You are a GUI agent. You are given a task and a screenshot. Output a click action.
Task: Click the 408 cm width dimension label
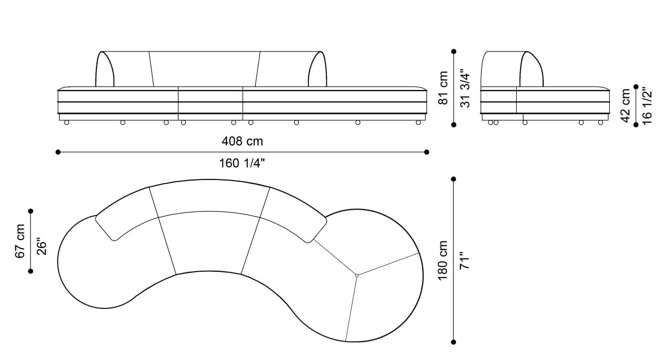(x=242, y=141)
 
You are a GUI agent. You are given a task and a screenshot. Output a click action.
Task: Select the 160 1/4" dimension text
(x=242, y=163)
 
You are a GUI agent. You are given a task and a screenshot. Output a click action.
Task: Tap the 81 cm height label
(x=443, y=88)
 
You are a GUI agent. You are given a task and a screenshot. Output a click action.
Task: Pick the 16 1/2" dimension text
(x=647, y=106)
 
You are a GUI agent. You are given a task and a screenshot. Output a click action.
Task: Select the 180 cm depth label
(x=443, y=260)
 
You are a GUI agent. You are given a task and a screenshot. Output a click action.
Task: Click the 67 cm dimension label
(x=20, y=241)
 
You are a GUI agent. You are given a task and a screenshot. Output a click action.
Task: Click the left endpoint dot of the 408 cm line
(x=58, y=152)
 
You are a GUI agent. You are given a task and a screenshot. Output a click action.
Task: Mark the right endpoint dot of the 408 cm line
(x=427, y=152)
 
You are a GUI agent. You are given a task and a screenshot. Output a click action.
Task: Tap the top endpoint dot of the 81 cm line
(x=454, y=51)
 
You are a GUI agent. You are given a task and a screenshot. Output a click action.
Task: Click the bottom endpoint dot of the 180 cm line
(x=453, y=342)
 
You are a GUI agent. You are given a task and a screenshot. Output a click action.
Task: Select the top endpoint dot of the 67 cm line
(x=31, y=211)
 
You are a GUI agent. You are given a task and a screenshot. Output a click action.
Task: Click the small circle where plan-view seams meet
(x=357, y=275)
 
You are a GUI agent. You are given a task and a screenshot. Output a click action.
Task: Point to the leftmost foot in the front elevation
(x=66, y=123)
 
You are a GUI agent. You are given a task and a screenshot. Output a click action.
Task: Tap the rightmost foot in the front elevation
(x=418, y=123)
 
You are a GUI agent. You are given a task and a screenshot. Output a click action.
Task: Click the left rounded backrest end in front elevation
(x=105, y=69)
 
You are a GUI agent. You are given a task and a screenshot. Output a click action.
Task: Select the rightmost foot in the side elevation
(x=600, y=123)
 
